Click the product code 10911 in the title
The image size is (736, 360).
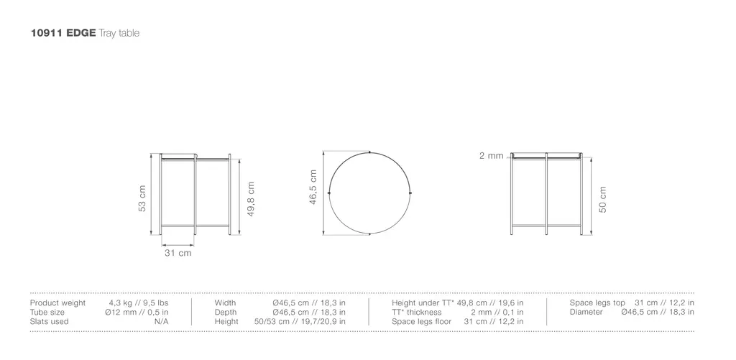click(47, 33)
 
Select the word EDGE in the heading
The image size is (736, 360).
click(81, 33)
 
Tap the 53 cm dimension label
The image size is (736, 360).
click(142, 198)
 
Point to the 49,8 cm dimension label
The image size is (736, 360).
click(251, 199)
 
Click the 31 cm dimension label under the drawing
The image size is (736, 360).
click(178, 253)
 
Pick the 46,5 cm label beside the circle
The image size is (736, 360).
click(313, 188)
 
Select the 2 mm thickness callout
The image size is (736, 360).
click(491, 156)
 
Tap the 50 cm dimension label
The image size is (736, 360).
click(603, 200)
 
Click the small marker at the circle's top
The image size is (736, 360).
click(370, 152)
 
